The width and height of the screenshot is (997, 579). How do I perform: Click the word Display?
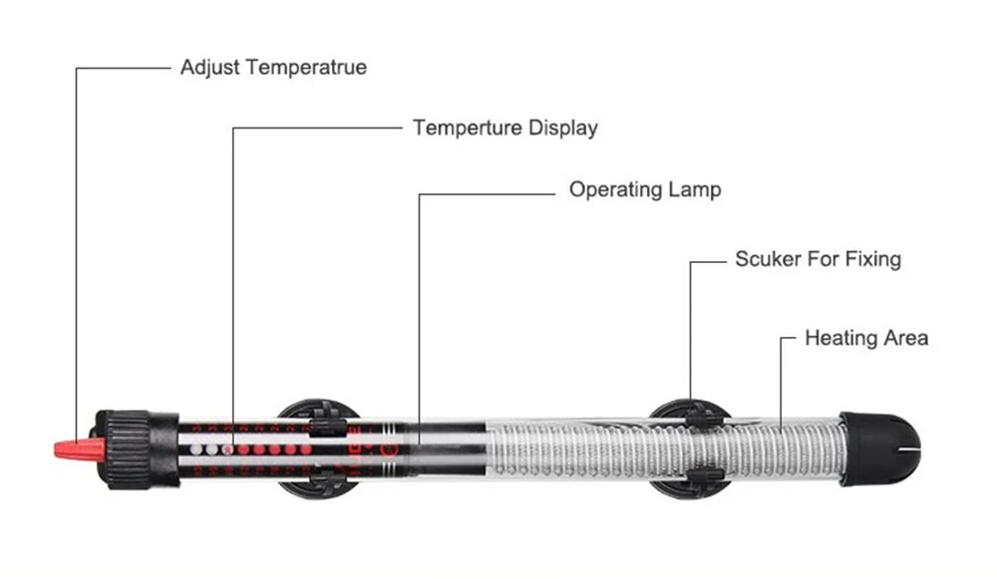pos(563,128)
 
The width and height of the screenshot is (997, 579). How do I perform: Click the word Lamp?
pos(695,188)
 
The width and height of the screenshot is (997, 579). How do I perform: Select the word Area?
pos(903,338)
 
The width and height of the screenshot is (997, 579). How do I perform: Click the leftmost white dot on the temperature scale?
pos(197,450)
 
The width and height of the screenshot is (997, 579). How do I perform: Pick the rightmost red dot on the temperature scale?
pos(305,450)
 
